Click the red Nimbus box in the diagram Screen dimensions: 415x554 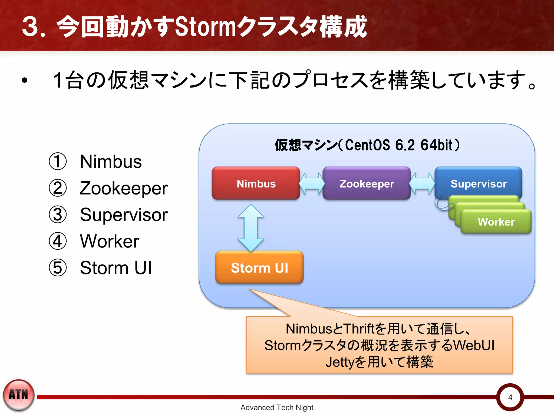click(x=256, y=183)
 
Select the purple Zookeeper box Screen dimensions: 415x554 click(x=367, y=183)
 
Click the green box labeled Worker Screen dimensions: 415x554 click(x=496, y=222)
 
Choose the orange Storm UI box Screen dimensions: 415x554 click(x=259, y=267)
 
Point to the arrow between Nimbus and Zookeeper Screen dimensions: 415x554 click(x=311, y=183)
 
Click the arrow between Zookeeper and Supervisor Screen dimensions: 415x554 click(x=422, y=183)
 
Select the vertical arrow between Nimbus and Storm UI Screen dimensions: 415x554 click(x=251, y=228)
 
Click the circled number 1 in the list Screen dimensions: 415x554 click(x=58, y=162)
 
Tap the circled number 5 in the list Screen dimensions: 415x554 click(x=58, y=268)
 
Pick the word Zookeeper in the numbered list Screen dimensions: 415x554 click(x=124, y=188)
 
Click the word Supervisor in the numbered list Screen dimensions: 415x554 click(x=124, y=215)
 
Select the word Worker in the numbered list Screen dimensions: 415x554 click(x=110, y=241)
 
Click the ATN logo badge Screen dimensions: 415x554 click(x=19, y=395)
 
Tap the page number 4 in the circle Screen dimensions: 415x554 click(x=510, y=397)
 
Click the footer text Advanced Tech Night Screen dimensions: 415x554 click(x=277, y=407)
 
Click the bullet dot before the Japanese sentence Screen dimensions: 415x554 click(x=25, y=81)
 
